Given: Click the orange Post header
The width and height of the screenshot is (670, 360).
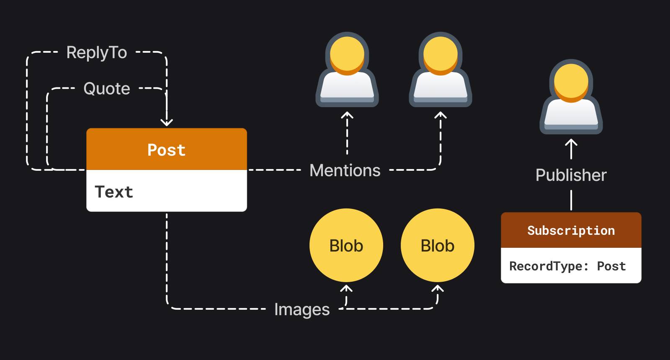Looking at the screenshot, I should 166,149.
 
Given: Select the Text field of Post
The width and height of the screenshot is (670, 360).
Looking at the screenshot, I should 166,191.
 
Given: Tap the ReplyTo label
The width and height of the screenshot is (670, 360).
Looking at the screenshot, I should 97,53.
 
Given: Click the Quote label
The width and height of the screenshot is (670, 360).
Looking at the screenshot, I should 107,89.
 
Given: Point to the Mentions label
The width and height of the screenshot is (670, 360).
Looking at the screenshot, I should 345,170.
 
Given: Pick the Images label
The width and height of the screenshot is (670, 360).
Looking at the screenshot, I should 302,309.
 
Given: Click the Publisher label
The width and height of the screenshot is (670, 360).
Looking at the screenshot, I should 571,175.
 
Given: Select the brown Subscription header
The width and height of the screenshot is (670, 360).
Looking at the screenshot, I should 571,230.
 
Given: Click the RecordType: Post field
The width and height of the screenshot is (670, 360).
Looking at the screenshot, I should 567,266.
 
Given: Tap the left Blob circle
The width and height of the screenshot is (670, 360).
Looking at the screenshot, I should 346,246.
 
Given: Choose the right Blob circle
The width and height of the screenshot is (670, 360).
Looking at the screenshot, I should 438,246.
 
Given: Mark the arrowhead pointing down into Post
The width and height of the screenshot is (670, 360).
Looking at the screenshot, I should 167,123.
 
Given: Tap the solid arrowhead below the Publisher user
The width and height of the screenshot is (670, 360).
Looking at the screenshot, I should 571,143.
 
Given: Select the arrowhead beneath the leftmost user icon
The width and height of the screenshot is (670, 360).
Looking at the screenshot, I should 347,115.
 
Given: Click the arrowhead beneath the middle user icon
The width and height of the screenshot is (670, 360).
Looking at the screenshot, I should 441,115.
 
